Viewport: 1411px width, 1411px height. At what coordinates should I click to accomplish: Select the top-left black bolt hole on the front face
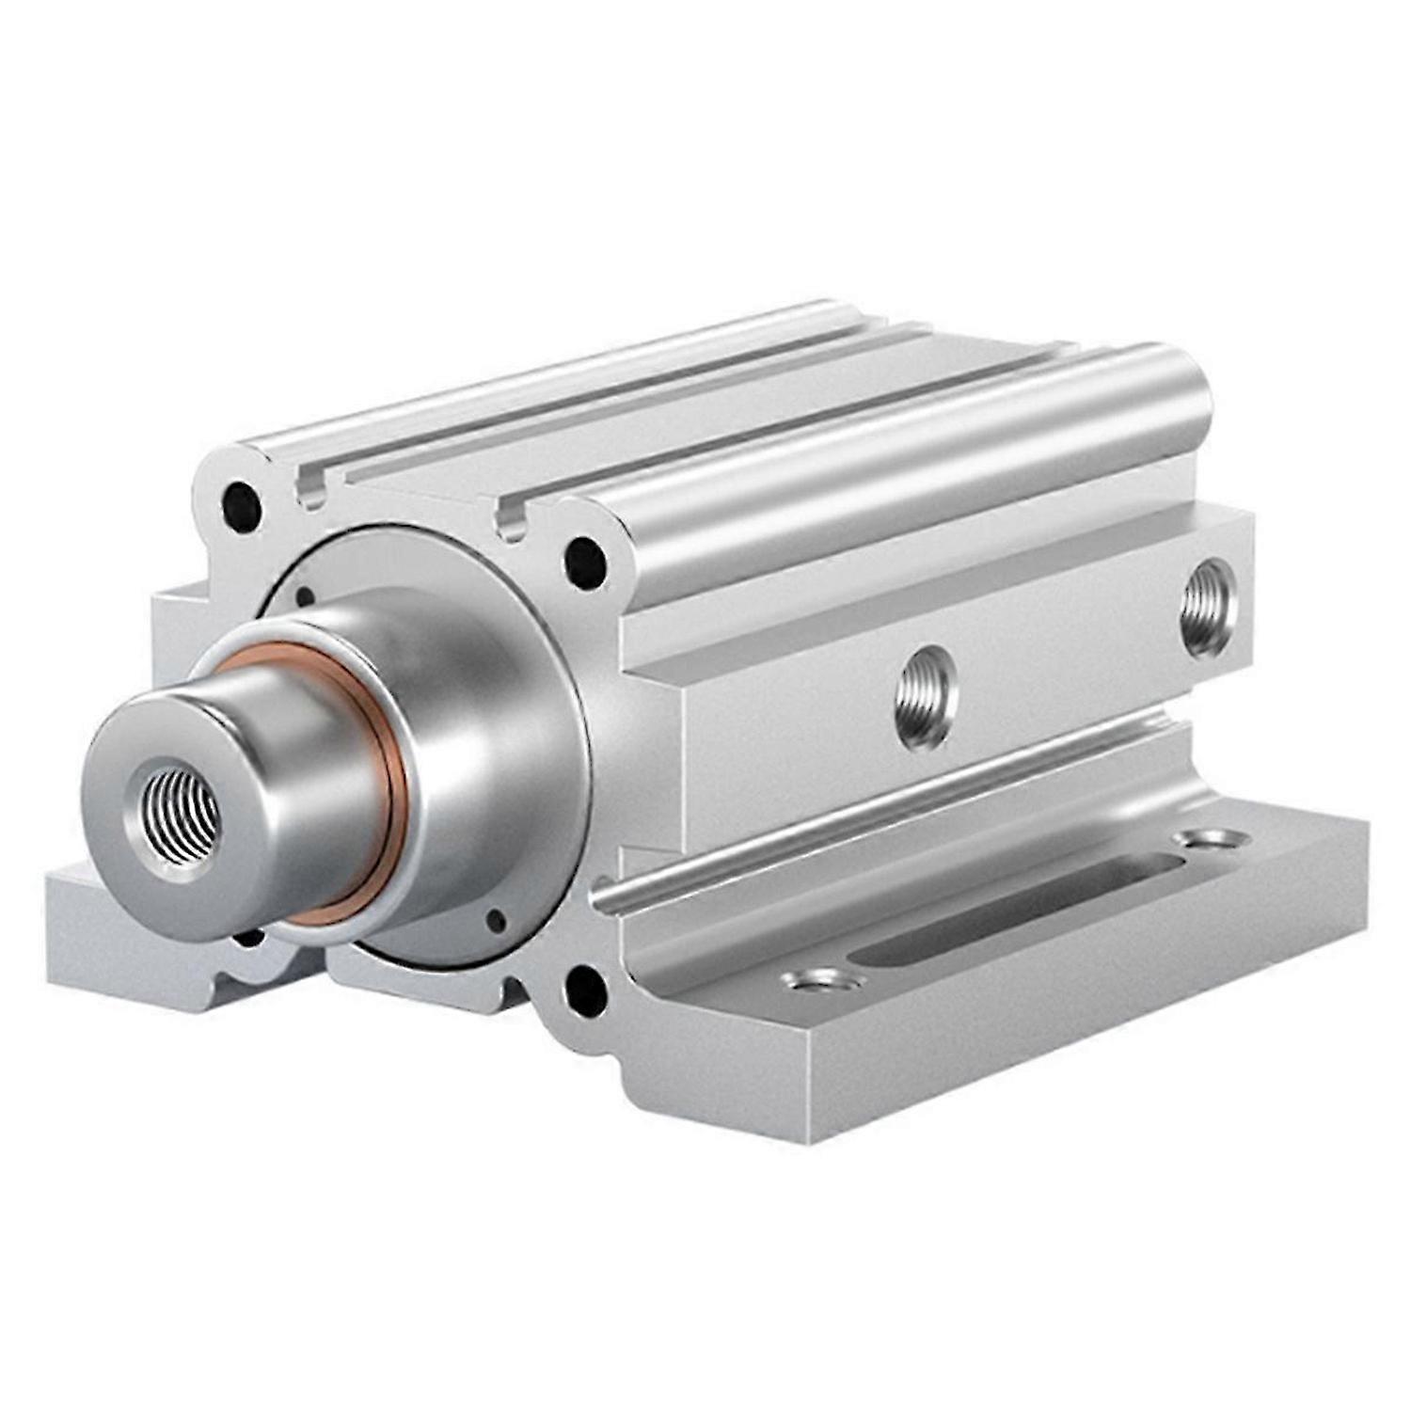[241, 505]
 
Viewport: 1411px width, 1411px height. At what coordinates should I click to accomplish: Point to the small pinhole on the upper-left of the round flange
[305, 595]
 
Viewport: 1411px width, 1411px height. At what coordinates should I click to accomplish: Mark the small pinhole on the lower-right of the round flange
[496, 919]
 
